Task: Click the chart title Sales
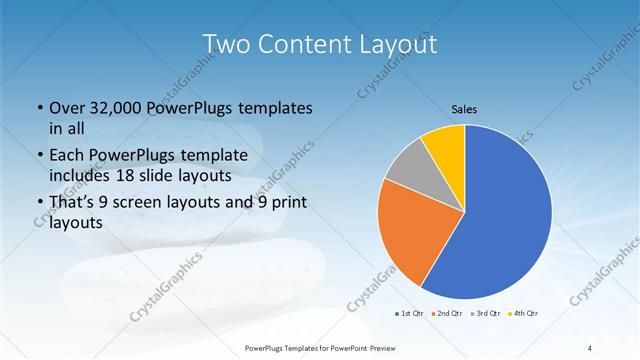coord(465,109)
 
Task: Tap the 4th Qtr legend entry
coord(521,314)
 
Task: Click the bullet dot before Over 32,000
coord(38,108)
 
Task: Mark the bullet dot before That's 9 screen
coord(38,205)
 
